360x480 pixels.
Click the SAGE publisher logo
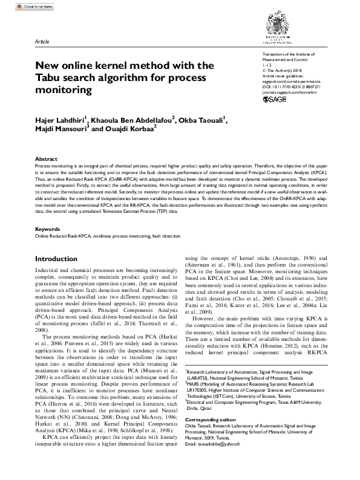[x=275, y=100]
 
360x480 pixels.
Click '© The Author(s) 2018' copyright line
[x=275, y=71]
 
